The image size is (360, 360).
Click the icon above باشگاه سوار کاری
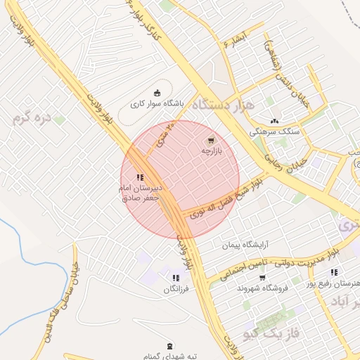click(x=156, y=93)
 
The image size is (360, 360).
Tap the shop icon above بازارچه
click(x=212, y=141)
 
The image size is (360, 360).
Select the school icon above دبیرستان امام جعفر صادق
click(x=140, y=177)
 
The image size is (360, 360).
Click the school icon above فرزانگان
click(x=175, y=278)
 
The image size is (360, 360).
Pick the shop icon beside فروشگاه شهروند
click(x=262, y=278)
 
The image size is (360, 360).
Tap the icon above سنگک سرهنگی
click(x=274, y=120)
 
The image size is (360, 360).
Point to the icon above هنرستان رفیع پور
click(x=333, y=272)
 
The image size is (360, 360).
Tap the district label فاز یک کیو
click(x=269, y=332)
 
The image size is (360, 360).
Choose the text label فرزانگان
click(x=178, y=289)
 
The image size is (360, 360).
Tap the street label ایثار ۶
click(x=234, y=39)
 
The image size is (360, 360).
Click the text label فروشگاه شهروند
click(x=240, y=288)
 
